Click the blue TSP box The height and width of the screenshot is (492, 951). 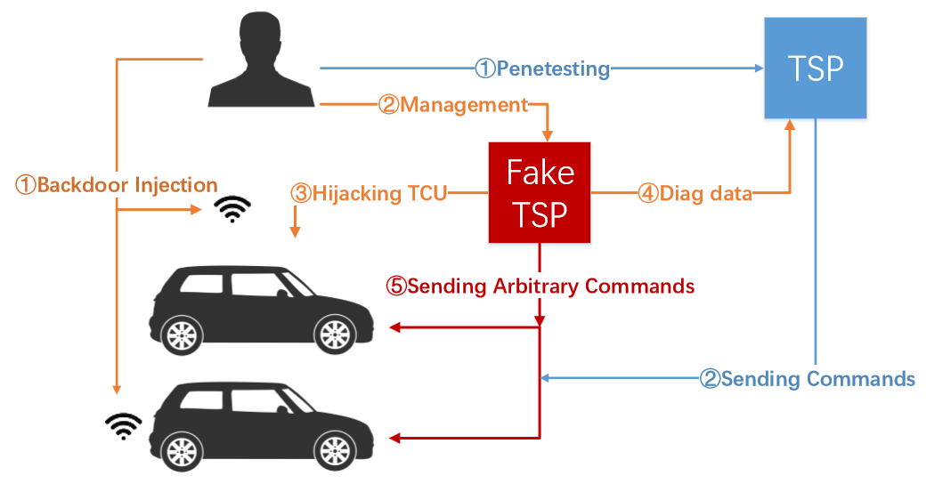(x=816, y=68)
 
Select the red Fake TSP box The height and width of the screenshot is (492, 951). (x=540, y=192)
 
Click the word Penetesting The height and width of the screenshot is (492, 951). (x=553, y=69)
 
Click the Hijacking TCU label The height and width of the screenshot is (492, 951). (x=378, y=193)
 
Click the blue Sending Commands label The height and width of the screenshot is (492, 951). (x=817, y=379)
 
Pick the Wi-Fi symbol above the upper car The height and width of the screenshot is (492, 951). (x=234, y=209)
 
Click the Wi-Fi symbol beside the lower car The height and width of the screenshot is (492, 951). (x=124, y=425)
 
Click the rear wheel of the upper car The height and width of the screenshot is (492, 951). (x=182, y=335)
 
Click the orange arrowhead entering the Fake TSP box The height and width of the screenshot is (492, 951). (x=548, y=135)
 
